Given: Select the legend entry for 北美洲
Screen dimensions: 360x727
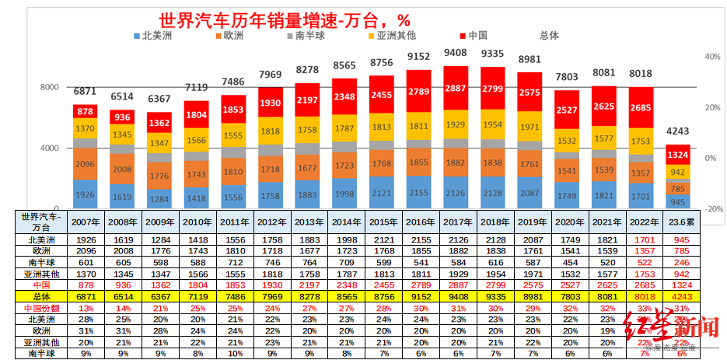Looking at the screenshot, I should click(156, 36).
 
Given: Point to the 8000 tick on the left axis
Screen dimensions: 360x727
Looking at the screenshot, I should click(50, 88).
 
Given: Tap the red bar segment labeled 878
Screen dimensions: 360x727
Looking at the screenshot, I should click(86, 111).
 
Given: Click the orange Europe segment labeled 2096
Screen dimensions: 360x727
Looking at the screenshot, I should click(86, 164).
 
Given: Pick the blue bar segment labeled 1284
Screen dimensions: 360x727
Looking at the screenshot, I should click(159, 199).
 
